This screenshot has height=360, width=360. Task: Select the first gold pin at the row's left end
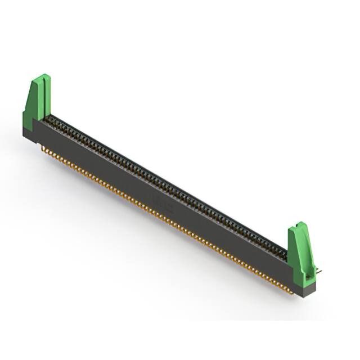point(44,148)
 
